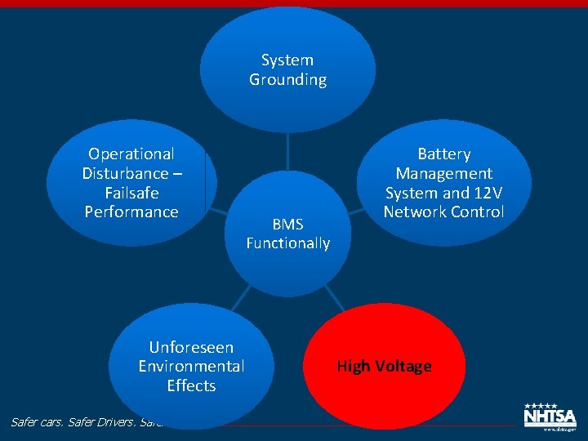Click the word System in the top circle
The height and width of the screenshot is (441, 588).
tap(287, 60)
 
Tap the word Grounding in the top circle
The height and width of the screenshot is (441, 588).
tap(287, 79)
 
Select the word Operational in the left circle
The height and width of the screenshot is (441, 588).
tap(131, 154)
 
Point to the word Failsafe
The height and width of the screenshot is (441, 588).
tap(131, 193)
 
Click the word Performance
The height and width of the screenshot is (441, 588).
tap(131, 212)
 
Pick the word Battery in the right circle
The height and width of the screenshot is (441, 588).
tap(444, 154)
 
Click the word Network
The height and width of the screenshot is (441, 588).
tap(416, 212)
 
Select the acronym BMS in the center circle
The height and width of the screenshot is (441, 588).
tap(287, 224)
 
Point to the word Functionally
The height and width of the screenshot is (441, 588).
tap(288, 243)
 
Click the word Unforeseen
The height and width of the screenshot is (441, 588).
tap(191, 347)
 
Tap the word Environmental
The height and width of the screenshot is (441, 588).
tap(191, 366)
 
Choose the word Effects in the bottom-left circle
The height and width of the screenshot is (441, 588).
tap(191, 385)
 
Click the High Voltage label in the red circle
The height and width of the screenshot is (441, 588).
tap(384, 366)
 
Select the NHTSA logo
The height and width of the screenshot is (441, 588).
tap(550, 417)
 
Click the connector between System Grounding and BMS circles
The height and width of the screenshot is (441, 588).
tap(287, 152)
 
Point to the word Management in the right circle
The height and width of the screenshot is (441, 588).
tap(444, 173)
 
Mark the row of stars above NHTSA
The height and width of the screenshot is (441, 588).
tap(541, 405)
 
